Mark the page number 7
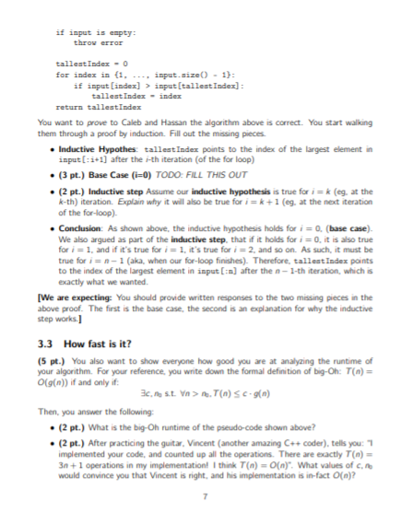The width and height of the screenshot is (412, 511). click(206, 495)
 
